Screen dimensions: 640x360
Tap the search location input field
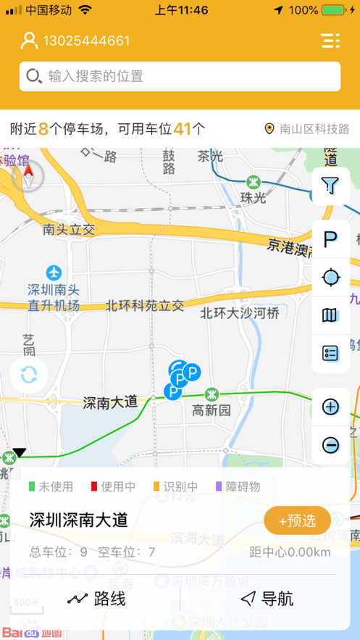pos(180,76)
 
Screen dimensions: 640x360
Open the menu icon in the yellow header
pos(330,41)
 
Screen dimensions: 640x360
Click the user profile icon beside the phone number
pos(29,41)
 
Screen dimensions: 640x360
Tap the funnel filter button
pos(330,187)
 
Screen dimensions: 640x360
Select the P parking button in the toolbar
pos(330,238)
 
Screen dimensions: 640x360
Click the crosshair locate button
pos(330,277)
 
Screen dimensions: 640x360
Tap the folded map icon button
pos(330,315)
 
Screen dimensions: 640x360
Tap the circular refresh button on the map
pos(29,375)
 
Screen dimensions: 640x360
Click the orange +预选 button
pos(297,520)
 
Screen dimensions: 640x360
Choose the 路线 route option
pos(96,599)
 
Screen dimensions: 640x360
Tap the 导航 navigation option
pos(267,599)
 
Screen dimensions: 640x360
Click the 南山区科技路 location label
pos(307,129)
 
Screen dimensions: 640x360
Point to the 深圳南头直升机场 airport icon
pos(54,273)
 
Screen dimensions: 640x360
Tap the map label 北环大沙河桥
pos(239,313)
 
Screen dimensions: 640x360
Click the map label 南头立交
pos(69,230)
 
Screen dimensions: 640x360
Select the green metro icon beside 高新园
pos(212,395)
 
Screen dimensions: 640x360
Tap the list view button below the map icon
pos(330,354)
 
